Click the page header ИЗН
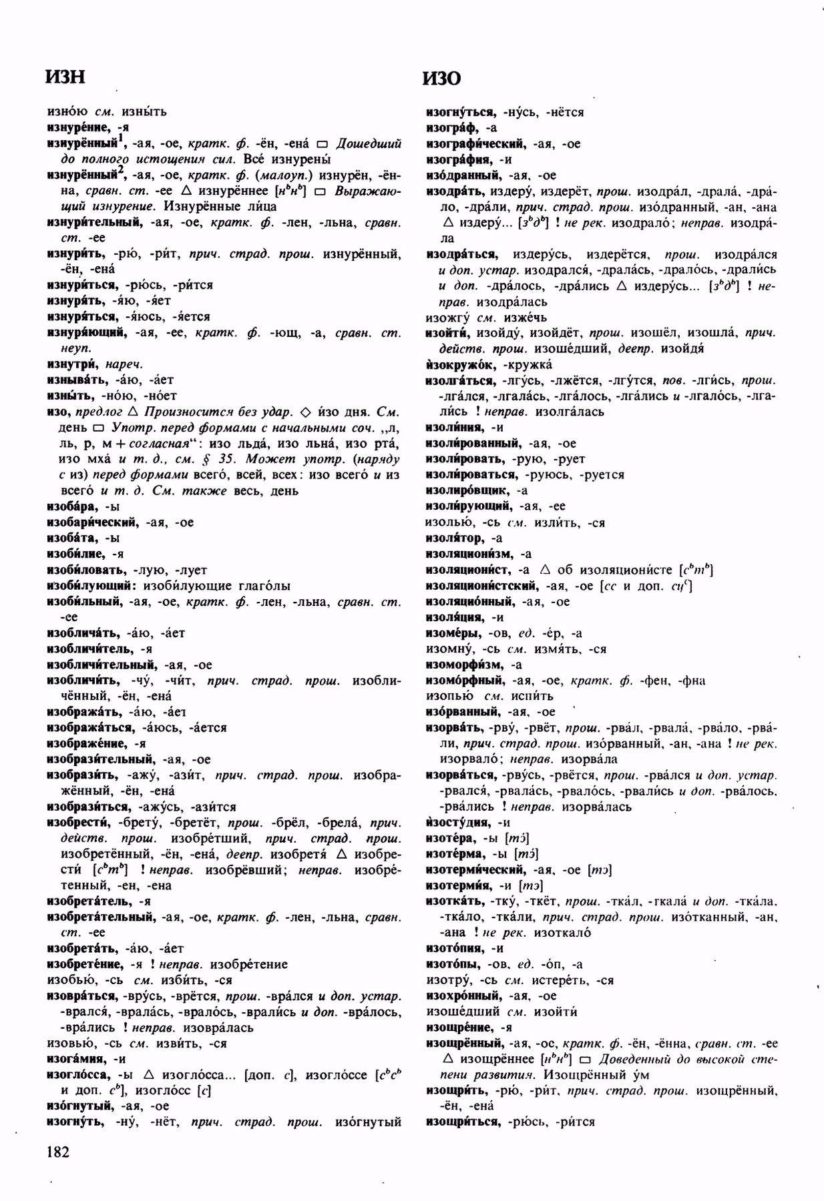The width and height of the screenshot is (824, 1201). (65, 77)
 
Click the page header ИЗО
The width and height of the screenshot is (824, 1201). (441, 79)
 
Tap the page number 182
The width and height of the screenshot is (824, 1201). (58, 1151)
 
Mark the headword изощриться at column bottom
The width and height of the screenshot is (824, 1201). (463, 1122)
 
